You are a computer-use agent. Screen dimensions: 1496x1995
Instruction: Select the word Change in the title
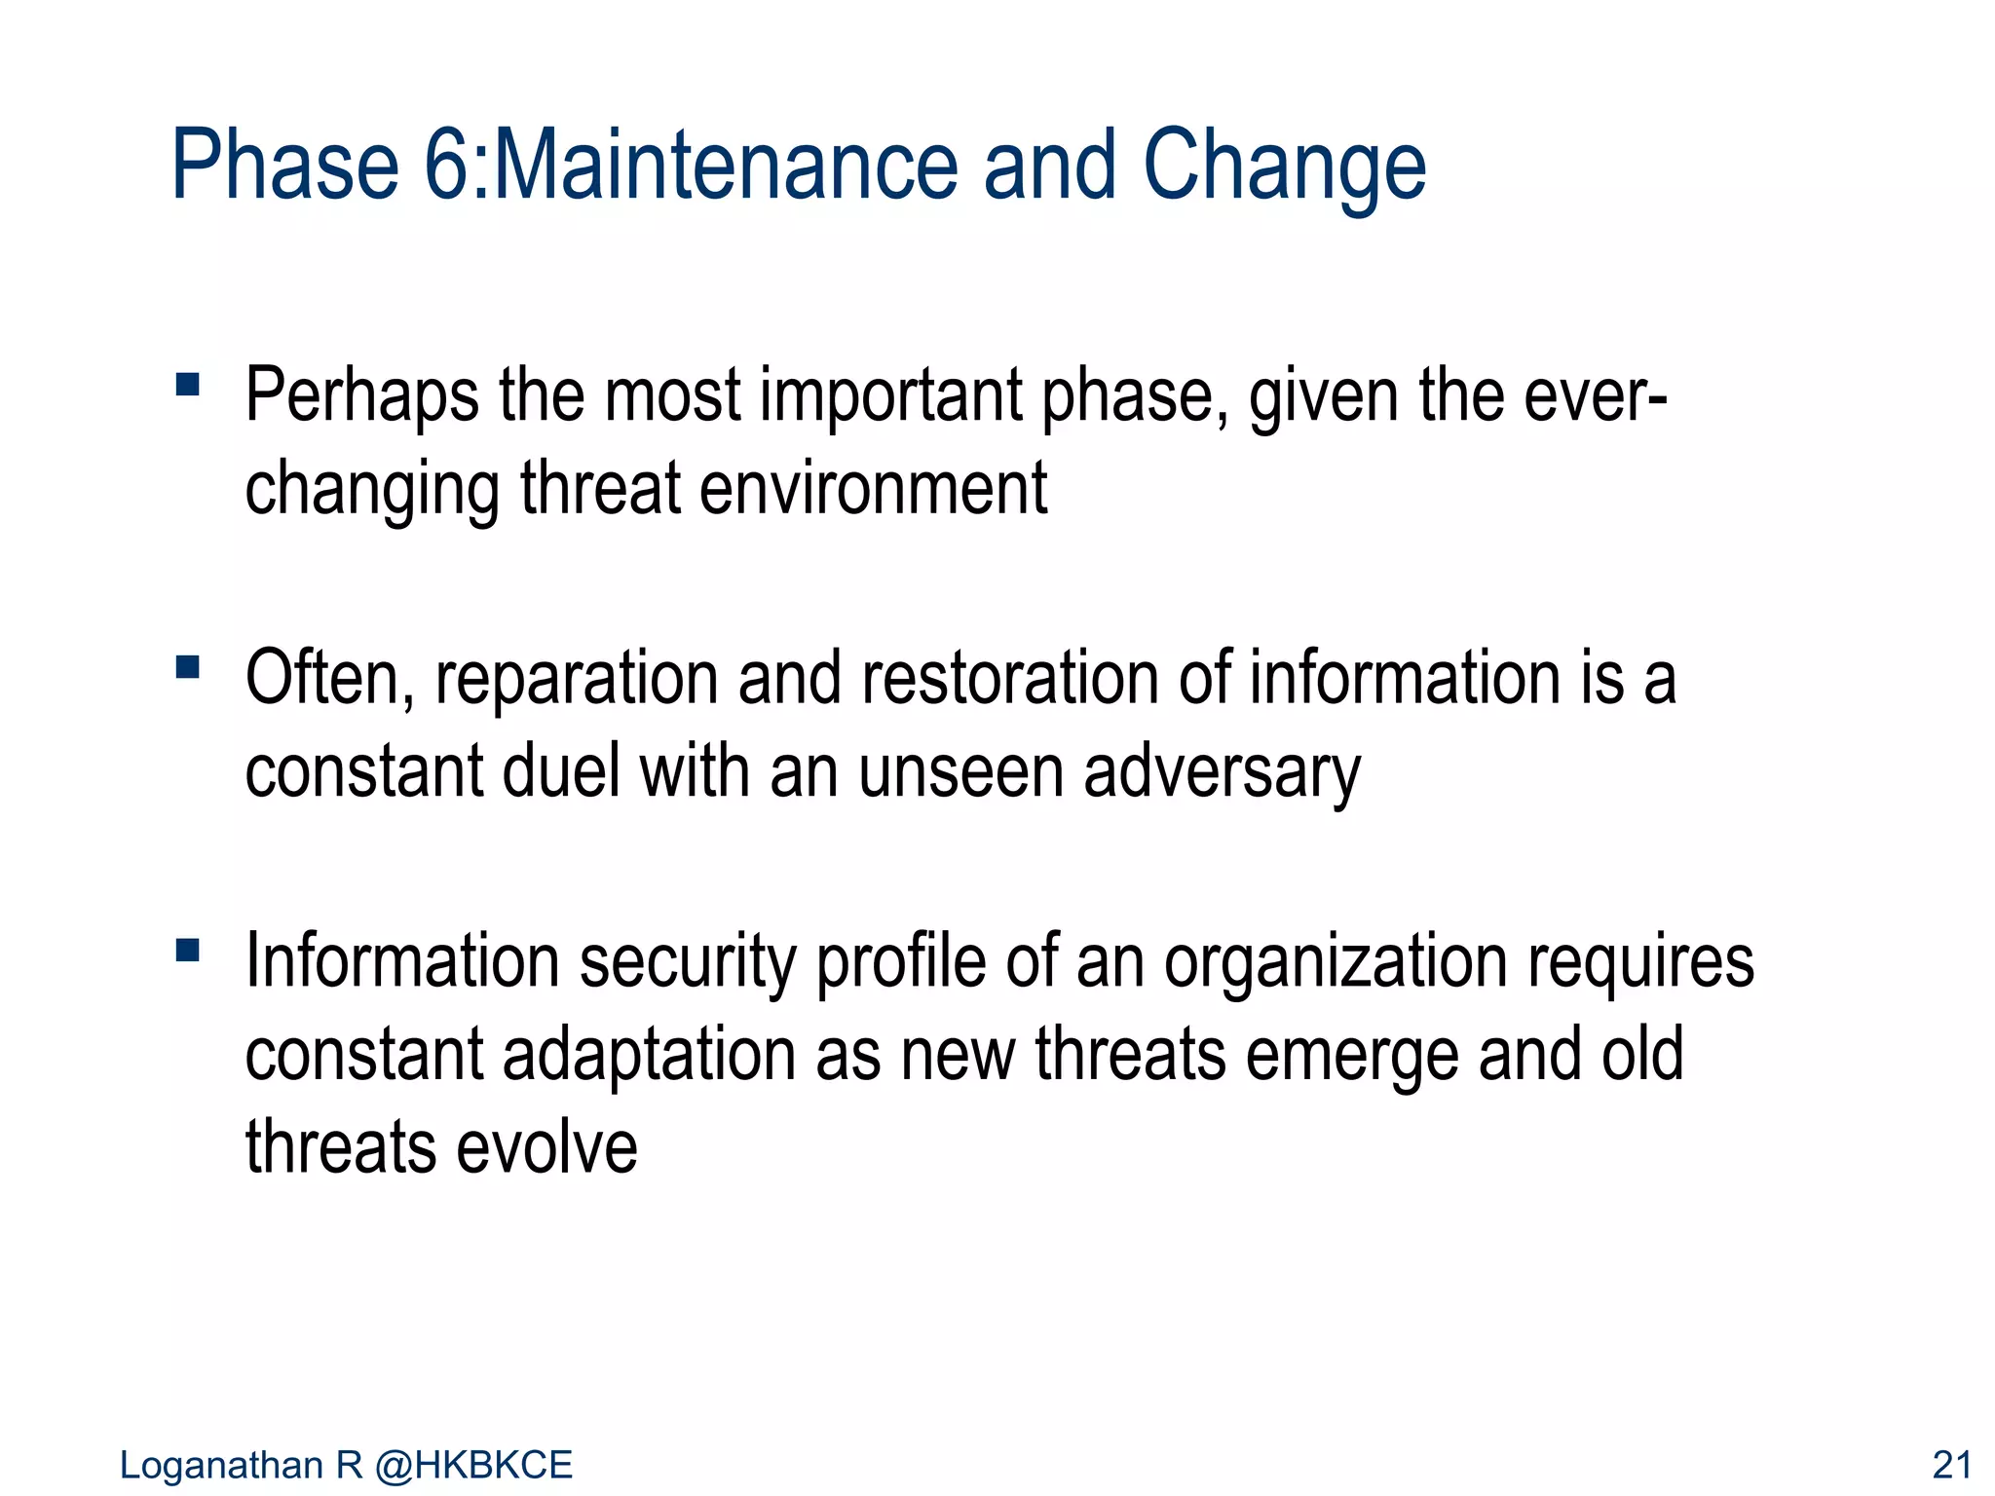click(x=1284, y=166)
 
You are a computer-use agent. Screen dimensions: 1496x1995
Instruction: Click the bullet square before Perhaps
click(x=188, y=384)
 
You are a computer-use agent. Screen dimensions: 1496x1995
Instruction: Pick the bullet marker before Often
click(x=188, y=667)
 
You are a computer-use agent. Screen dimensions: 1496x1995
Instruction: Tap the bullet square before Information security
click(x=188, y=950)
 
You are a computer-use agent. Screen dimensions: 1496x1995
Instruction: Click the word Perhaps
click(x=361, y=394)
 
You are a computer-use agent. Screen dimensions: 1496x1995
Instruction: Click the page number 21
click(x=1951, y=1465)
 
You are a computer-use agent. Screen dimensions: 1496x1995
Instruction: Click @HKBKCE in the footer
click(x=474, y=1465)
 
